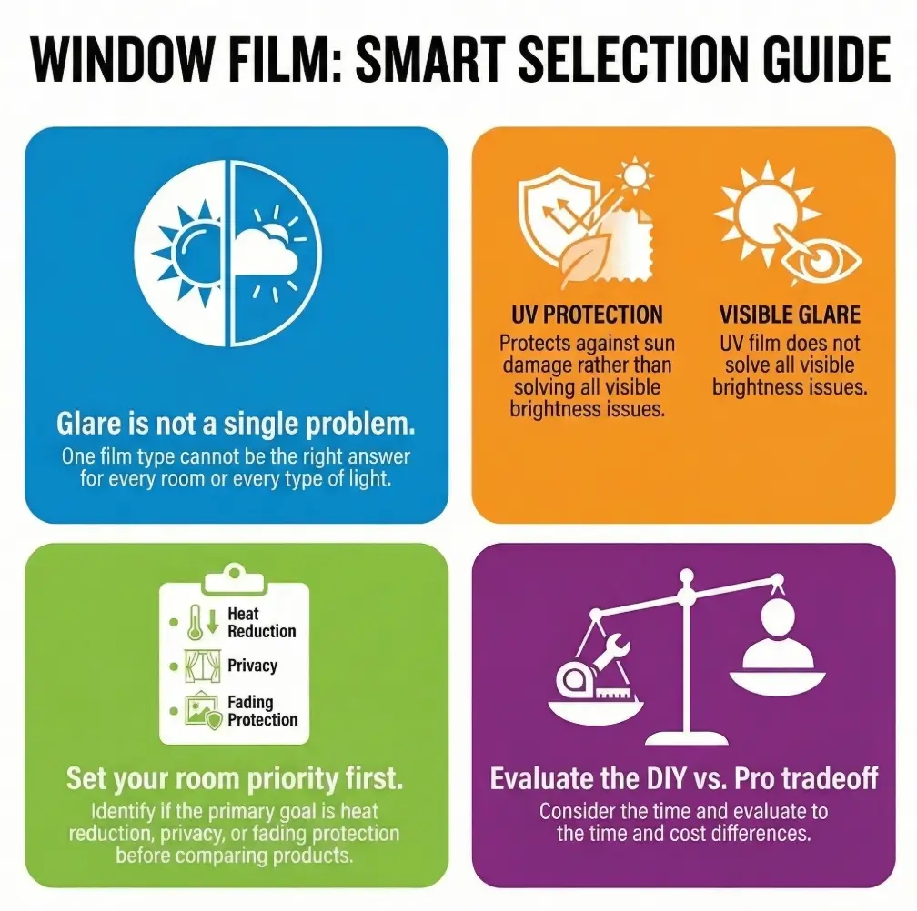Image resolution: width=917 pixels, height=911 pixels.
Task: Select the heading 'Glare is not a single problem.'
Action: [x=237, y=424]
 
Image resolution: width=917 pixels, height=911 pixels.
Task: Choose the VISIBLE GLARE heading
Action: [x=789, y=315]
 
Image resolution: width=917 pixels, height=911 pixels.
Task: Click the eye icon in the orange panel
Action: [x=816, y=261]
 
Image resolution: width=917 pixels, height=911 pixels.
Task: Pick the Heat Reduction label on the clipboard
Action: [x=261, y=622]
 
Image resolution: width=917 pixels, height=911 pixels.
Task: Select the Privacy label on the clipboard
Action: [x=252, y=666]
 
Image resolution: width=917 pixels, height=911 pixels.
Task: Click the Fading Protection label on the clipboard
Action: [x=262, y=710]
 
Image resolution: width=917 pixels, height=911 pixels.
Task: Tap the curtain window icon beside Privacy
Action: [x=201, y=666]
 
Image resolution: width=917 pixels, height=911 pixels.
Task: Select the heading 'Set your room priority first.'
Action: [x=235, y=778]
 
